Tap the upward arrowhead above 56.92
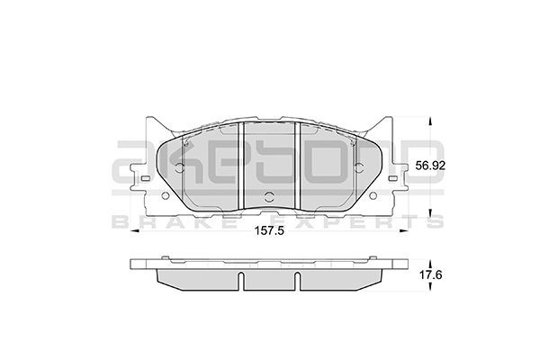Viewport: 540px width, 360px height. pyautogui.click(x=431, y=121)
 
